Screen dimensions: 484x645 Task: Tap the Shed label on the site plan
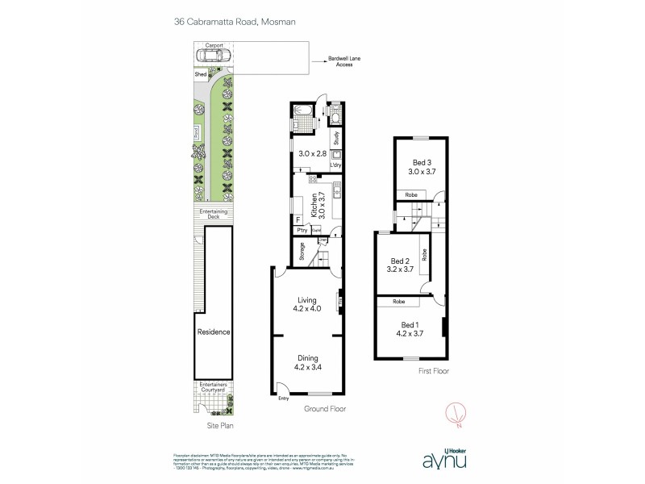coord(200,74)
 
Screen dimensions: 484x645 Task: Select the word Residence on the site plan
coord(214,332)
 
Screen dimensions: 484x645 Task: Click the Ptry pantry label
coord(301,231)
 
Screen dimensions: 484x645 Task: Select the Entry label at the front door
coord(283,398)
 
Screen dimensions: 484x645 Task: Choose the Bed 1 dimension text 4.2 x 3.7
coord(410,332)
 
